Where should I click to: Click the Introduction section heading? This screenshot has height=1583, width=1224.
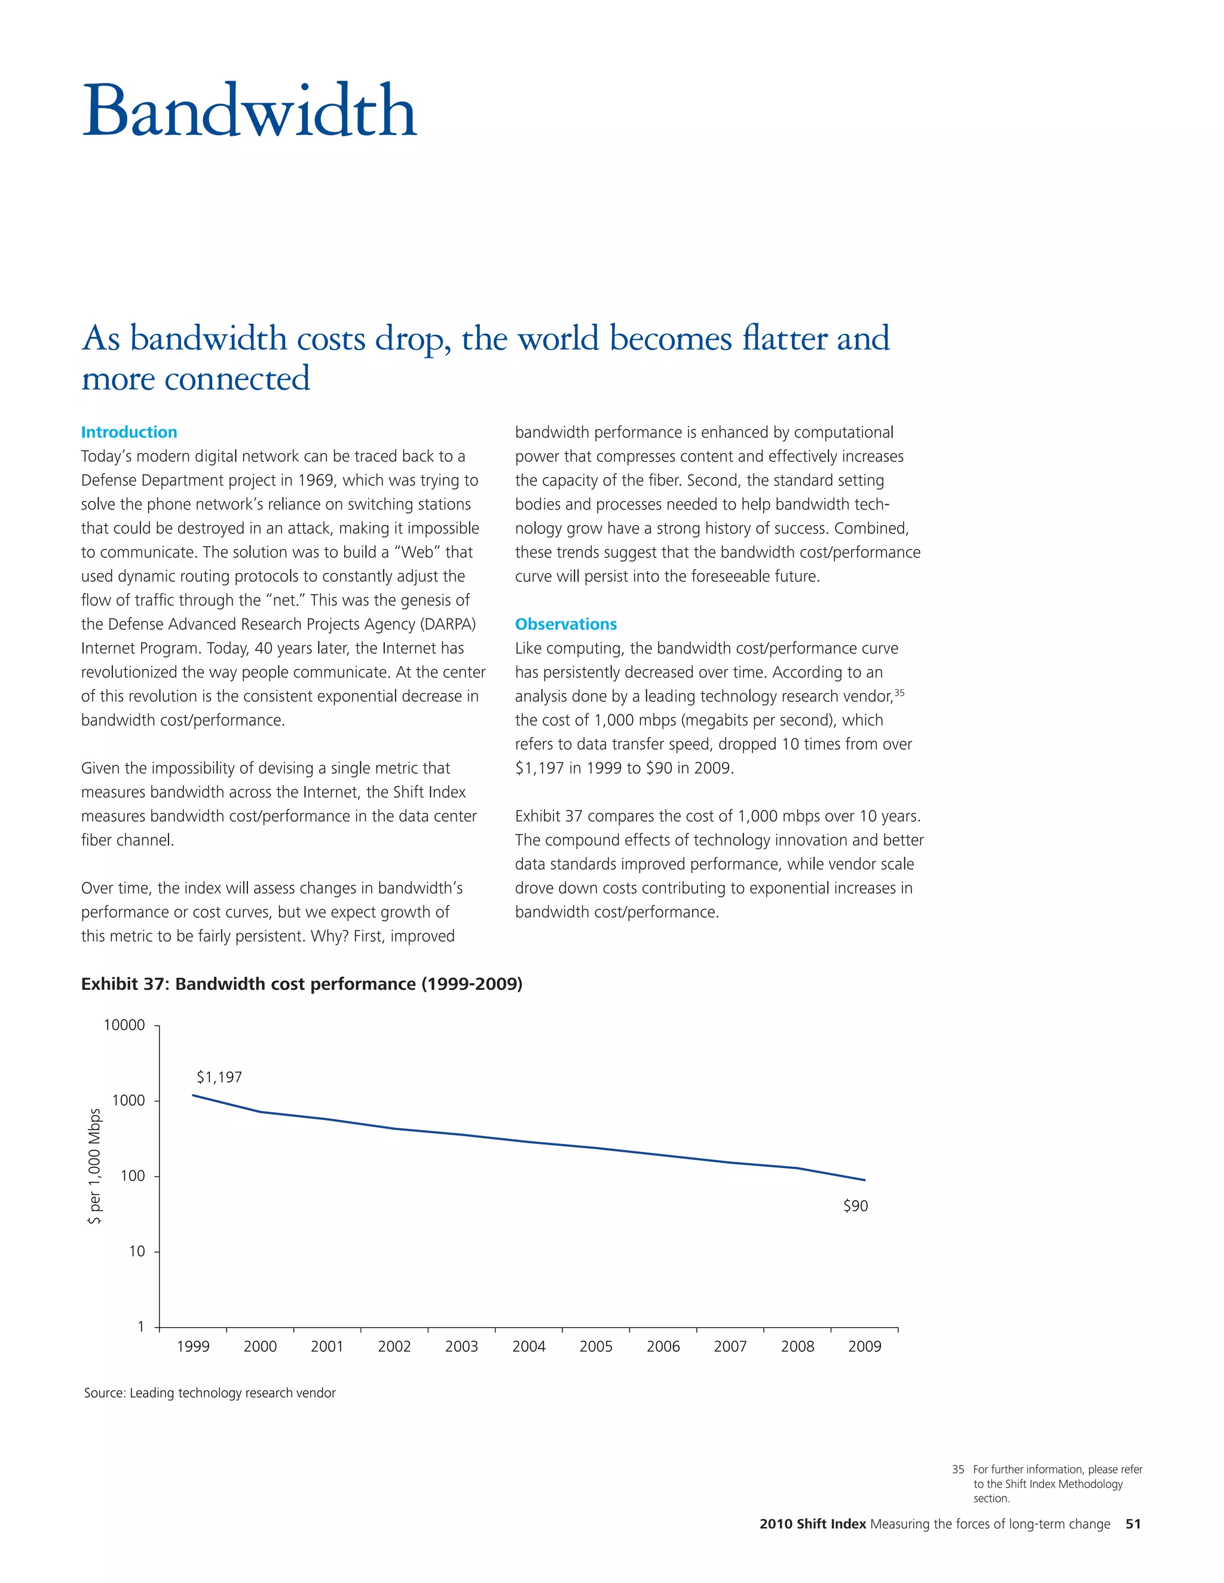[x=129, y=432]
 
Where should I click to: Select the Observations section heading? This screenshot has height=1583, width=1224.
[x=565, y=624]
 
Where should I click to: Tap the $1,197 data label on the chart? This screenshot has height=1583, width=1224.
[x=219, y=1077]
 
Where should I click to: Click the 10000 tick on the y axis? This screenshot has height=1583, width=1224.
[x=125, y=1025]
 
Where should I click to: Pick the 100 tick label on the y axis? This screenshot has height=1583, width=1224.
[x=133, y=1176]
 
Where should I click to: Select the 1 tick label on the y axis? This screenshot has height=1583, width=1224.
[x=140, y=1326]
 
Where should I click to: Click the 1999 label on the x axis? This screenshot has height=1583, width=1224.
[x=193, y=1346]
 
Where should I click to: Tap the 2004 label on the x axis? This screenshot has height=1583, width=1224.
[x=528, y=1346]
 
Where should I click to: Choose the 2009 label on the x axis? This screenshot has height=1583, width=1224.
[x=864, y=1346]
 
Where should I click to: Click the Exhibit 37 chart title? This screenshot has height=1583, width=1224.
[x=302, y=984]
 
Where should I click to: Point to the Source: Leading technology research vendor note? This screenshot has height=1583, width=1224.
[x=210, y=1393]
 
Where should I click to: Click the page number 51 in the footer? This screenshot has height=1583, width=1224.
[x=1133, y=1524]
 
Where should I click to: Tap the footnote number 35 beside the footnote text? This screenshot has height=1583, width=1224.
[x=958, y=1470]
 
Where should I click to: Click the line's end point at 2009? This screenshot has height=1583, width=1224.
[x=864, y=1180]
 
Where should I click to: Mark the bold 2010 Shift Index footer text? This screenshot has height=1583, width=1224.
[x=812, y=1524]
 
